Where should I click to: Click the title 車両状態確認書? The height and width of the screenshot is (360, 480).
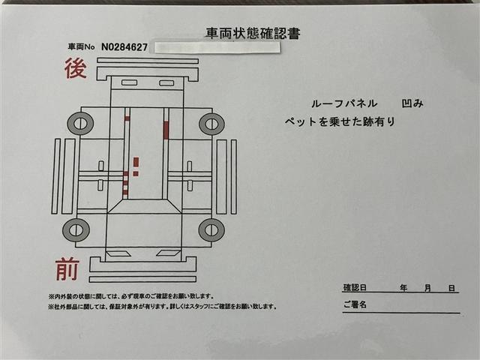click(253, 33)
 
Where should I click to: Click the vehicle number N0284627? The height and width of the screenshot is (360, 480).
click(124, 47)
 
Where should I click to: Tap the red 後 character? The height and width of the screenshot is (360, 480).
click(76, 68)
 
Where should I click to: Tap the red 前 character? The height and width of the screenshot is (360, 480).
click(67, 269)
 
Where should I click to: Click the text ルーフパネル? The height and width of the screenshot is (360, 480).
click(344, 103)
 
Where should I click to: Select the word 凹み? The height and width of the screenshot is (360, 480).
click(412, 103)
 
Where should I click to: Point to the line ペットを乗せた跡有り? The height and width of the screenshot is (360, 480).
click(340, 121)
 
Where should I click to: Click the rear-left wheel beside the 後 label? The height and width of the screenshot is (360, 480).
click(80, 123)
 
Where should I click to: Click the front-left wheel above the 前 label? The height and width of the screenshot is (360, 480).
click(76, 230)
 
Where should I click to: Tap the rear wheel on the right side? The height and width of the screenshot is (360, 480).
click(211, 124)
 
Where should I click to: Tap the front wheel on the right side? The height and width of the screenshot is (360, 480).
click(211, 230)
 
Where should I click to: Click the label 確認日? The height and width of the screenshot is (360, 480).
click(355, 288)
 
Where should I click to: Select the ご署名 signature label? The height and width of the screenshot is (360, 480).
click(355, 304)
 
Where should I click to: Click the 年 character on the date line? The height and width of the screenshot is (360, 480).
click(403, 288)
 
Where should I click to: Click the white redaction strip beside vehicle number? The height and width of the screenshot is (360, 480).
click(217, 48)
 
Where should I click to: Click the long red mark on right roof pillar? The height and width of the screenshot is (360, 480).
click(166, 130)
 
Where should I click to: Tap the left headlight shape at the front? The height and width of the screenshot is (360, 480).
click(118, 253)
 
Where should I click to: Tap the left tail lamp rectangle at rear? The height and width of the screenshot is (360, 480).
click(129, 82)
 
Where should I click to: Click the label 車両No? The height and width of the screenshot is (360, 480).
click(81, 47)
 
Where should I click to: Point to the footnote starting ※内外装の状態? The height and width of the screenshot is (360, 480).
click(130, 296)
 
